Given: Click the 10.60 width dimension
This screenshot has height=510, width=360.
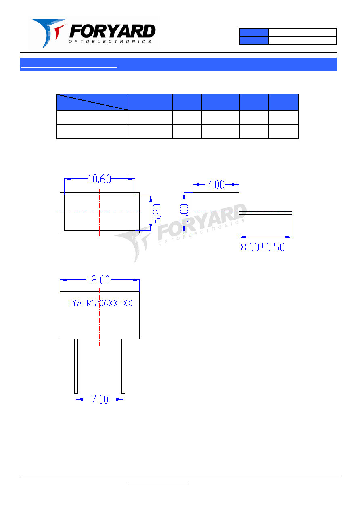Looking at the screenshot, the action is (x=99, y=179).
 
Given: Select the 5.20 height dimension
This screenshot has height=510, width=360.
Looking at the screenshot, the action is (x=157, y=214).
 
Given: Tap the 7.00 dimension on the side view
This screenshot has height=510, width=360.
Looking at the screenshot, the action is (x=215, y=185).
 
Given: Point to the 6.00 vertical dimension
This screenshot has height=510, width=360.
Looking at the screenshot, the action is (x=184, y=213).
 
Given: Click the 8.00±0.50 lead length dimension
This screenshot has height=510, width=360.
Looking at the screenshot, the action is (x=263, y=247).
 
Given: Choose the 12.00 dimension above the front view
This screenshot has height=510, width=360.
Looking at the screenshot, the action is (x=98, y=280).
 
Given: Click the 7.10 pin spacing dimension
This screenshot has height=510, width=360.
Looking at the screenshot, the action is (x=100, y=399).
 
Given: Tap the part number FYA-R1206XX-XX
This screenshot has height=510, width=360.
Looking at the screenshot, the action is (x=99, y=303).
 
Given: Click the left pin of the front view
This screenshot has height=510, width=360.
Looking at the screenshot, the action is (x=76, y=366).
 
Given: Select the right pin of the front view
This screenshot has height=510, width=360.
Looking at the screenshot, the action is (x=123, y=366).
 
